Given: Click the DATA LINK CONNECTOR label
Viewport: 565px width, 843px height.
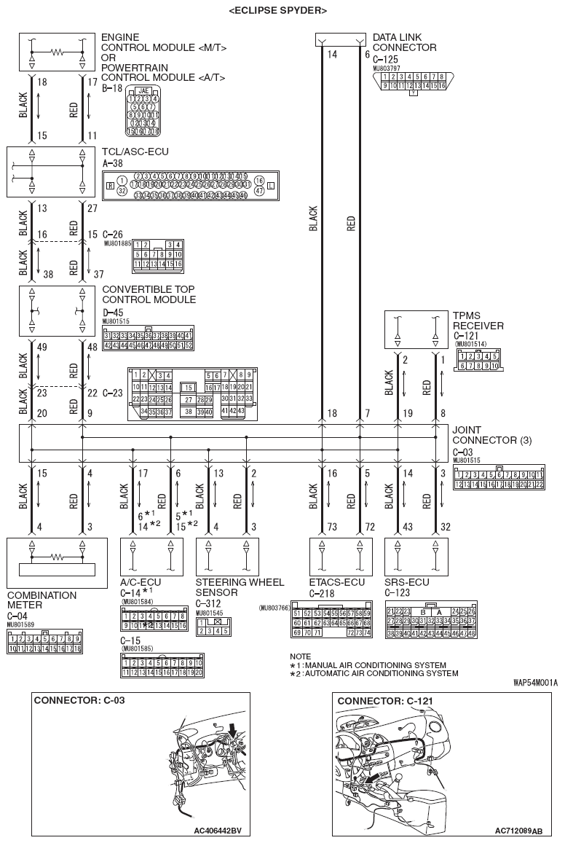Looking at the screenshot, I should pos(404,42).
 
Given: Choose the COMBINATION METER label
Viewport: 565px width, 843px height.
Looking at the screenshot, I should pos(42,600).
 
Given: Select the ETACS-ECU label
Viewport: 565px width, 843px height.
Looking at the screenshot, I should pos(337,583).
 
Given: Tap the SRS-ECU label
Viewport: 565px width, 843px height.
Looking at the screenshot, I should pos(406,583).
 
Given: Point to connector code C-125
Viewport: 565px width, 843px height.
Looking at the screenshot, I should pos(386,59).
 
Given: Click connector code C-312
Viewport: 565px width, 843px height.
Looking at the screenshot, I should pos(209,603).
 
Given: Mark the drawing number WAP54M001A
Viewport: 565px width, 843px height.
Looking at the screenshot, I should pos(535,683).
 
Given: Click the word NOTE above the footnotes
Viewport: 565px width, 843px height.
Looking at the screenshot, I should pos(300,656).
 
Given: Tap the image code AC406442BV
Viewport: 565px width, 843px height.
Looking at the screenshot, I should pos(218,831).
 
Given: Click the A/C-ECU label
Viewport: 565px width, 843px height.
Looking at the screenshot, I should pos(140,583).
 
